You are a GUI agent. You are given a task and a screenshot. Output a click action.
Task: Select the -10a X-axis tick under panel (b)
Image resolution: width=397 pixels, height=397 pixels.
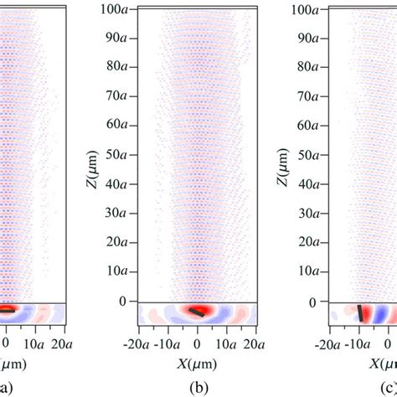[168, 344]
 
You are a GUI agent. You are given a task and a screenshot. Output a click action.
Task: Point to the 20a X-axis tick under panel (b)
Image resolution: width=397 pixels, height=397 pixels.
[254, 344]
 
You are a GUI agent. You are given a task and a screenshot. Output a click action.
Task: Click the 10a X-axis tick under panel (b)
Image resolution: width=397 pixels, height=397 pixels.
[225, 344]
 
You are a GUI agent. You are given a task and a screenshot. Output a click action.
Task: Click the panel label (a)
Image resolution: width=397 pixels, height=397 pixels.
[7, 389]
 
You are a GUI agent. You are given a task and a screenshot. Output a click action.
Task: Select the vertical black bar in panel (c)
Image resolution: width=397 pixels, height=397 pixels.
[361, 313]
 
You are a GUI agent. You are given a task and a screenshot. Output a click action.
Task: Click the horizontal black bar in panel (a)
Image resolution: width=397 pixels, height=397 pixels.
[6, 309]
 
